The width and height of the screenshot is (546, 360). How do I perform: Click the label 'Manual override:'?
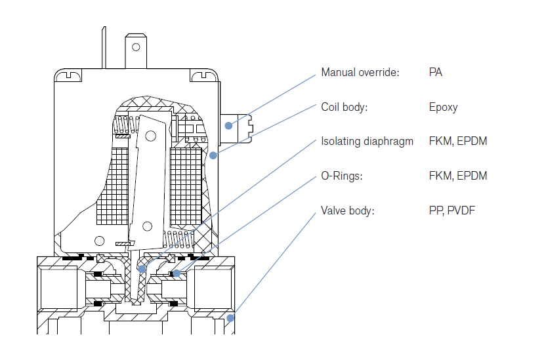360,72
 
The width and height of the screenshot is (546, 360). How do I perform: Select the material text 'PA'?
435,72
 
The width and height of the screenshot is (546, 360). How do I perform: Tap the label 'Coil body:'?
344,107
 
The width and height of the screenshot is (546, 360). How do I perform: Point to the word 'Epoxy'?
443,107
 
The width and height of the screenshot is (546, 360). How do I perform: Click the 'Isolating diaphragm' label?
367,141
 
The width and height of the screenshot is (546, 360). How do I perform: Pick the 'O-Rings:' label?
341,176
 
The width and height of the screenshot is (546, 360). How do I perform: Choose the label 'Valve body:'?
346,210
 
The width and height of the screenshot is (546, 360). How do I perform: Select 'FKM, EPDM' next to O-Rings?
457,176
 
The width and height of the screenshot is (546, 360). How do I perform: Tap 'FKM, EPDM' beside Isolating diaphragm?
457,141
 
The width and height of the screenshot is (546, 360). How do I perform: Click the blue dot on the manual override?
228,125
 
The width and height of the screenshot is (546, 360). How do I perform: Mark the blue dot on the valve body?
230,319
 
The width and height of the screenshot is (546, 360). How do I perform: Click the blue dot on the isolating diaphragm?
142,268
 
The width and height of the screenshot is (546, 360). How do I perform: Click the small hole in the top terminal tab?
136,47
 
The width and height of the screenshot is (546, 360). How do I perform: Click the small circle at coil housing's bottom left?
99,240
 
